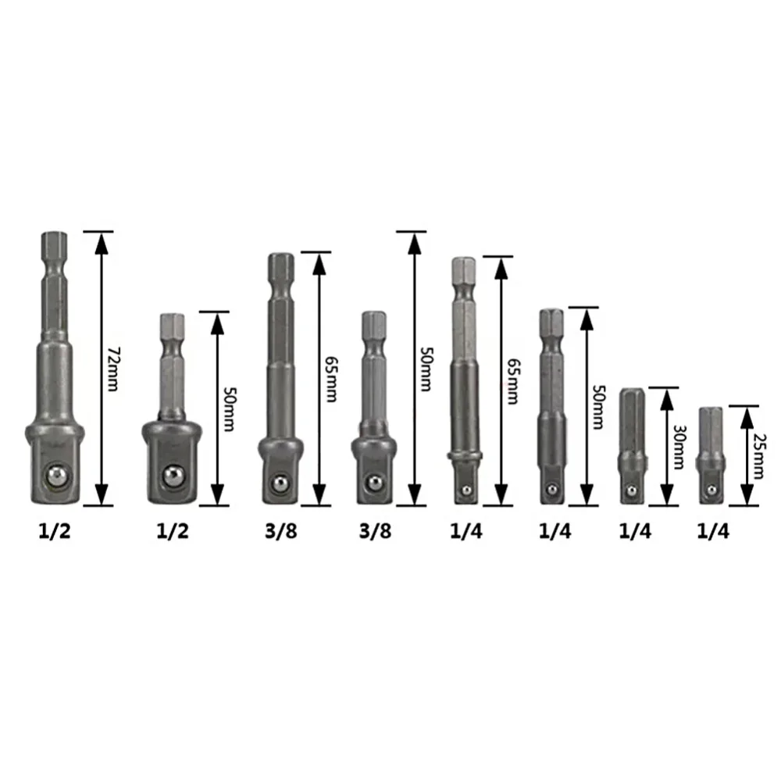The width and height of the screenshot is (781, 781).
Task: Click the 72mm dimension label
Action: (113, 369)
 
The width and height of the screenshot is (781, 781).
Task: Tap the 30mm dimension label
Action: (679, 447)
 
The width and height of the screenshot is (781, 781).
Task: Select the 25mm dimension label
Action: (758, 456)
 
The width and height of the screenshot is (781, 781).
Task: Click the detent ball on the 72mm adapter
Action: (55, 477)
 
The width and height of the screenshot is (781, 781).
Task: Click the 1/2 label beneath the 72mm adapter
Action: (55, 531)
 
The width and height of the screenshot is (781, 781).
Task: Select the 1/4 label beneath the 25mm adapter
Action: (713, 531)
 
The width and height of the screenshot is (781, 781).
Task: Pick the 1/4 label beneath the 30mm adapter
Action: (635, 531)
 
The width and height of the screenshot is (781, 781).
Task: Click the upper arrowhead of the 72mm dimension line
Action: (102, 243)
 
